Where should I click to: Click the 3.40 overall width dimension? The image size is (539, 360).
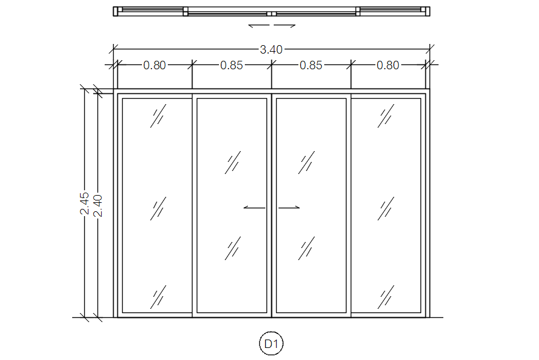pos(271,49)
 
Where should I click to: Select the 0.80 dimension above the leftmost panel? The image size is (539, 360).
pos(154,66)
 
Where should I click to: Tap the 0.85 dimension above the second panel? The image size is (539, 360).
pos(232,66)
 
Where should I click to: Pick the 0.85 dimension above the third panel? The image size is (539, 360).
pos(311,66)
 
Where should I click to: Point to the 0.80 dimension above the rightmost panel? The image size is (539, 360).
pos(388,66)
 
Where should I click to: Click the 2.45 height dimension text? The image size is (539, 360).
pos(85,203)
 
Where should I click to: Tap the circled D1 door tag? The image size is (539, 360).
pos(271,344)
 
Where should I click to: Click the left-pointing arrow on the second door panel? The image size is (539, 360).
pos(254,208)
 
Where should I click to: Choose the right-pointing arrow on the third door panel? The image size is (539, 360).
pos(289,208)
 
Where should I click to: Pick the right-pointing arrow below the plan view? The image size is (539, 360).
pos(285,26)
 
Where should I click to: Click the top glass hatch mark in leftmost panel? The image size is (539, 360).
pos(158,117)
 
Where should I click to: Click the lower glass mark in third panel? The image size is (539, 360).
pos(307,248)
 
